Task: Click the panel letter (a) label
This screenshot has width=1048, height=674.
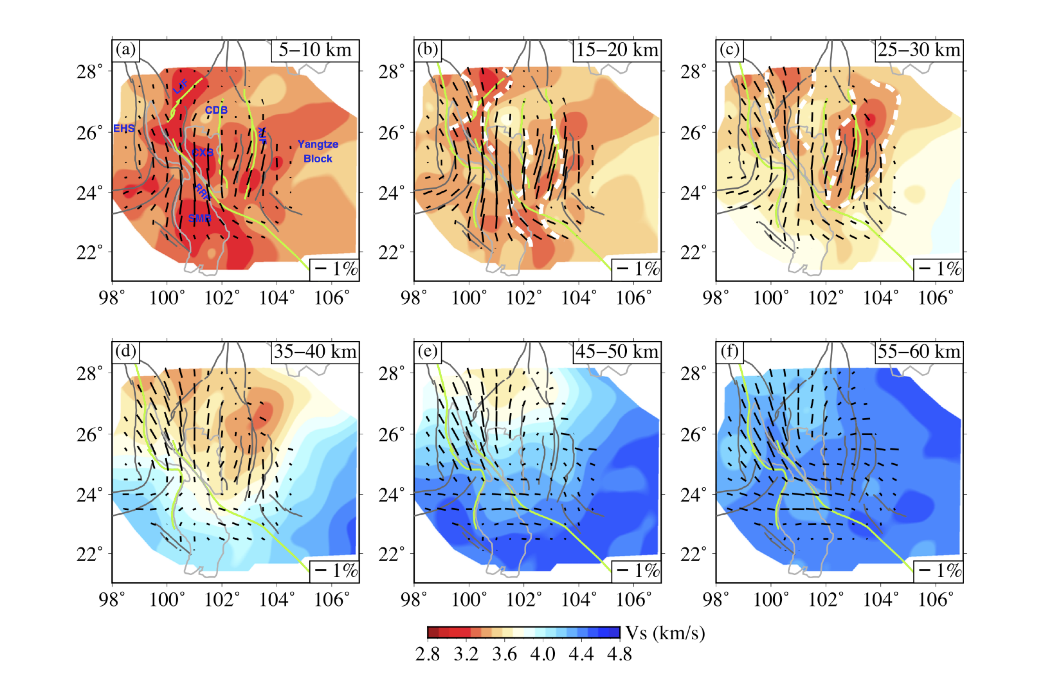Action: (x=126, y=50)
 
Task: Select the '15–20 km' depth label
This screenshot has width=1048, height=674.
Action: (x=616, y=50)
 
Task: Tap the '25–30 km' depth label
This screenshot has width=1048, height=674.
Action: (x=918, y=50)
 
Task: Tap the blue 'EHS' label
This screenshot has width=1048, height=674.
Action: (x=124, y=128)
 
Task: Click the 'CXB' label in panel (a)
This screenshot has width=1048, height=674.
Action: (x=203, y=152)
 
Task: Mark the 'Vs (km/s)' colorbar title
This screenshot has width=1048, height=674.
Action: (x=665, y=633)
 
